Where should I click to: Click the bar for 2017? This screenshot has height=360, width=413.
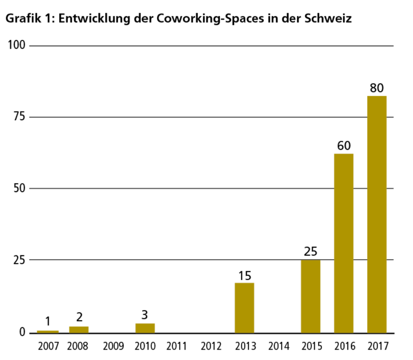tap(377, 214)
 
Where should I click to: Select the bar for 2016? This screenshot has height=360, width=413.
tap(344, 243)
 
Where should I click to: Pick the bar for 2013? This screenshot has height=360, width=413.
tap(245, 307)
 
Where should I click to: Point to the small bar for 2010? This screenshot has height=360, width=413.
tap(145, 328)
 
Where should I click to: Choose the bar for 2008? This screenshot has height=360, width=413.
tap(79, 329)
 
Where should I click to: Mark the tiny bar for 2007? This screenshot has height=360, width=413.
tap(48, 331)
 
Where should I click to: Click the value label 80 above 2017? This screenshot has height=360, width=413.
tap(377, 89)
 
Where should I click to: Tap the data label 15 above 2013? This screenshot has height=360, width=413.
tap(245, 276)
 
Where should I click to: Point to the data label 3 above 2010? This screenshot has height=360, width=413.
tap(145, 315)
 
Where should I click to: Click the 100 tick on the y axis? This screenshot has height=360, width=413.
tap(17, 45)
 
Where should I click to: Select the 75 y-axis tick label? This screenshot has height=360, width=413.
tap(19, 117)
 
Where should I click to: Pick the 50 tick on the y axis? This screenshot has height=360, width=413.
tap(19, 188)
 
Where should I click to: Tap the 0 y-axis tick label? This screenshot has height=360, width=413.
tap(22, 332)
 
